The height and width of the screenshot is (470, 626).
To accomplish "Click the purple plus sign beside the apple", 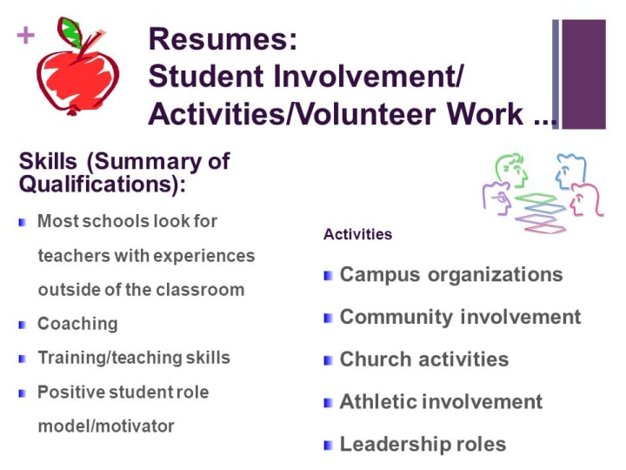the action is [x=26, y=35].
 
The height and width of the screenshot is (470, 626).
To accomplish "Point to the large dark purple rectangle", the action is [x=583, y=74].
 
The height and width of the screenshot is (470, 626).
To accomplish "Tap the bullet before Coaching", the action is [x=23, y=325].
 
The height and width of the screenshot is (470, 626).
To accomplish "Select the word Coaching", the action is [x=77, y=324].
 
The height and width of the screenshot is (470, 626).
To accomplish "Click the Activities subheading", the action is [x=357, y=234].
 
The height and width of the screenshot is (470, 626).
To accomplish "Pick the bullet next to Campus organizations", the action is [x=328, y=275].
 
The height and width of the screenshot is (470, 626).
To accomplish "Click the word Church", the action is [x=376, y=359].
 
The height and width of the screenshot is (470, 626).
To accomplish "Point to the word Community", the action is [x=396, y=317].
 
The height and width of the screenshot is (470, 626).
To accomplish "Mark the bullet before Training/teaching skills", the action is [x=23, y=359].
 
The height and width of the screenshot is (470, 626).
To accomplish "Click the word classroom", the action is [x=200, y=290].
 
